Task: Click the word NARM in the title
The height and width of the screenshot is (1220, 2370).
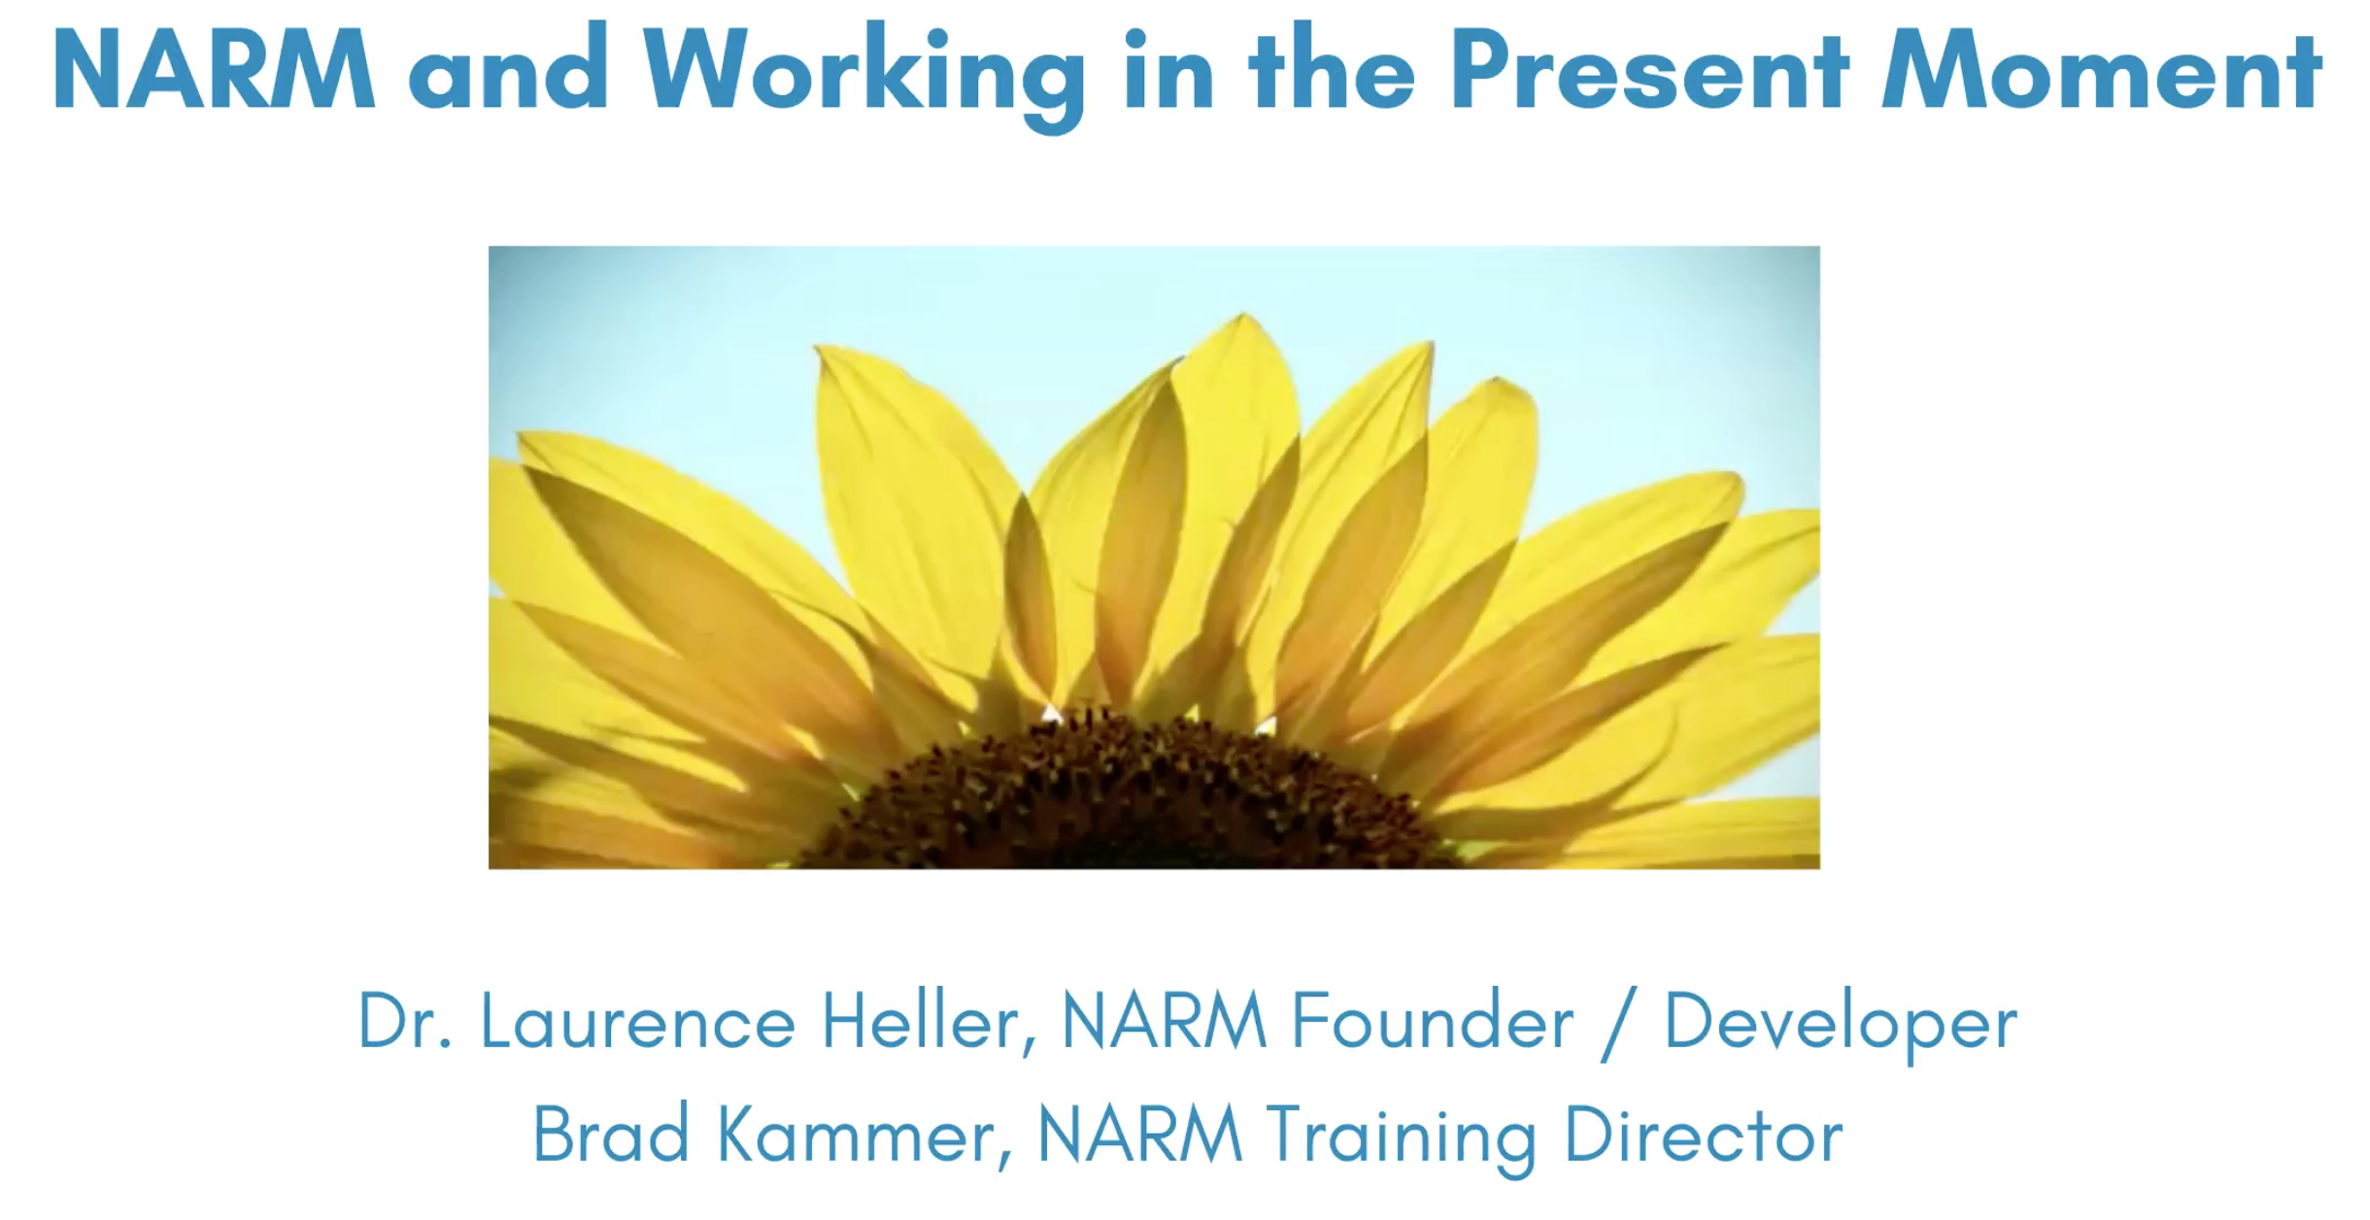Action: click(x=214, y=71)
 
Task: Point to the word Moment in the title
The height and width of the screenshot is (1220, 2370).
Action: click(x=2101, y=71)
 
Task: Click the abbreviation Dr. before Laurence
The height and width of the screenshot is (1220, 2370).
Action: click(x=404, y=1021)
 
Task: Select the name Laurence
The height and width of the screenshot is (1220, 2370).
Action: click(x=638, y=1021)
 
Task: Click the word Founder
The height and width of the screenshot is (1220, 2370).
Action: click(x=1433, y=1021)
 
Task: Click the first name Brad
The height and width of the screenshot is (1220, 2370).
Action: click(x=611, y=1134)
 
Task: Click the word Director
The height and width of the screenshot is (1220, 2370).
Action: click(x=1703, y=1134)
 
